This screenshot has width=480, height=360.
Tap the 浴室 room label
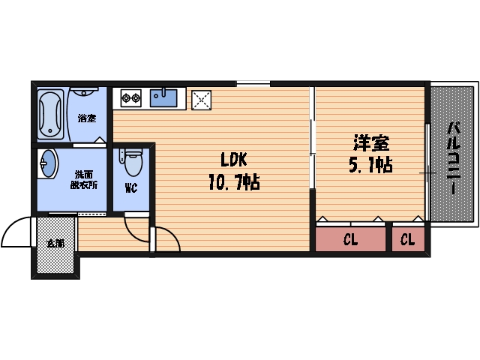[x=87, y=118]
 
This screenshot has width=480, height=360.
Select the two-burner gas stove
[x=131, y=97]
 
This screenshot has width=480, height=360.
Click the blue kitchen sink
[x=164, y=97]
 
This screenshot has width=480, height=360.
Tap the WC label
[x=130, y=188]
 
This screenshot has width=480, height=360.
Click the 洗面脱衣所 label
[x=83, y=180]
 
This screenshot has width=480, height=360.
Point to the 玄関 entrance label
[x=55, y=244]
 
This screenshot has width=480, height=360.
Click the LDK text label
[x=232, y=160]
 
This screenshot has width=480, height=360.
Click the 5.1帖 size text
[x=370, y=164]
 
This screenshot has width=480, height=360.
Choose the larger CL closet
[x=349, y=240]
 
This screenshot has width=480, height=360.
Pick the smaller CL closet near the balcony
[x=407, y=240]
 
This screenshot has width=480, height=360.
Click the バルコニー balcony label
[x=452, y=157]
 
